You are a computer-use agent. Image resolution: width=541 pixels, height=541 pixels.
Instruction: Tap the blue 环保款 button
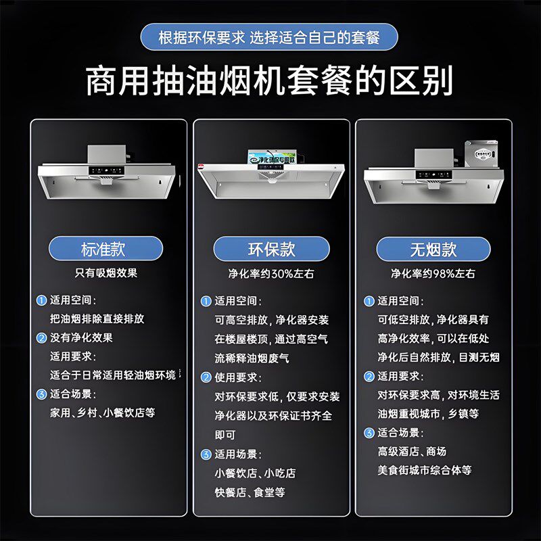pos(271,248)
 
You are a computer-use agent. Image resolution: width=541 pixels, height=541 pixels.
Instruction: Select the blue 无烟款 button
pos(433,248)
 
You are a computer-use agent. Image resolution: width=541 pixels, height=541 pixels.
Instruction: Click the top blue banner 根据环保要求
pos(269,37)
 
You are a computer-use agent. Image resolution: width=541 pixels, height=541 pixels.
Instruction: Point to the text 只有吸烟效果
pos(106,273)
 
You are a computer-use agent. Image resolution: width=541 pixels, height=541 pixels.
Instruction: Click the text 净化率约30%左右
pos(270,274)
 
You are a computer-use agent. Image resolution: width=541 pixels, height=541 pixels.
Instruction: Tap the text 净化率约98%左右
pos(433,274)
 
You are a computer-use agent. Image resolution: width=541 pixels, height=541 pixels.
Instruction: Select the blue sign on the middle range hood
pos(270,160)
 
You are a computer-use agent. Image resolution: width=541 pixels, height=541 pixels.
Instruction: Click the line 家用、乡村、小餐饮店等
pos(103,412)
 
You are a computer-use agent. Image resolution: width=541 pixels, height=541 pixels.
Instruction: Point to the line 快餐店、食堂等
pos(250,492)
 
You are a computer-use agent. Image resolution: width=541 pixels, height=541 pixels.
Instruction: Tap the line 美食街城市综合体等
pos(424,469)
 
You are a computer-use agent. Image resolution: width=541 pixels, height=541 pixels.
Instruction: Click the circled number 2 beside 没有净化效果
pos(42,337)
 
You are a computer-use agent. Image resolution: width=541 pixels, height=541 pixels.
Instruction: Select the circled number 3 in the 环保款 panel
pos(206,454)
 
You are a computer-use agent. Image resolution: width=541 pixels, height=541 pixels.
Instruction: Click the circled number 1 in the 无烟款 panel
pos(369,301)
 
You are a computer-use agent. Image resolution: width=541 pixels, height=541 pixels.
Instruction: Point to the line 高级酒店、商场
pos(412,451)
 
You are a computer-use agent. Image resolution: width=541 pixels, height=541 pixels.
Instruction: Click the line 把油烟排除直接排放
pos(97,318)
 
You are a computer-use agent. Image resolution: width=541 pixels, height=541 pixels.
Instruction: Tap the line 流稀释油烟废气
pos(252,358)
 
